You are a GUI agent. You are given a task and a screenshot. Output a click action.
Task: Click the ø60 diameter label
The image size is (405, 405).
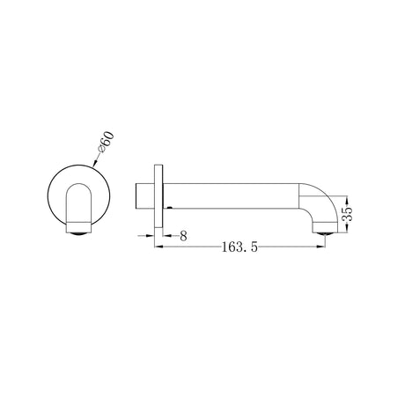pos(107,143)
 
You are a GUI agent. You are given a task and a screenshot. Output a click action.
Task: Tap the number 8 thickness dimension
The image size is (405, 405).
pos(183,236)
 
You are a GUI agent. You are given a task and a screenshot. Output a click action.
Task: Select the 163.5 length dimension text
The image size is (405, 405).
pos(239,247)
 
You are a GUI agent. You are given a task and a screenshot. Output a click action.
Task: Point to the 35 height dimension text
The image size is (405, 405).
pos(347,214)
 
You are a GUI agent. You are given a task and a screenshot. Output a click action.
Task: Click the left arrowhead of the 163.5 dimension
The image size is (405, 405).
pos(158,247)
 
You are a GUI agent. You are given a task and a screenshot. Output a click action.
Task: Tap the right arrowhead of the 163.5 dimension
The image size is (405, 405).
pos(321,247)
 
